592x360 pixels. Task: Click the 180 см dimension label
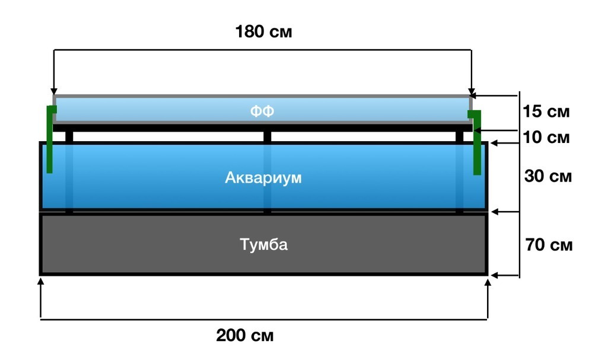tap(263, 31)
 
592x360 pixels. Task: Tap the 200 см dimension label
tap(244, 335)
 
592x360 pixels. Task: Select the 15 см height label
tap(546, 111)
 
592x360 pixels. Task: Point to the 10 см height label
tap(546, 138)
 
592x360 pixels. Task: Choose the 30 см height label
tap(548, 176)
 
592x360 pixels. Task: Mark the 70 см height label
tap(549, 245)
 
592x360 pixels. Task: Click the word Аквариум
tap(263, 178)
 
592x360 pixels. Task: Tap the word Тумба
tap(263, 244)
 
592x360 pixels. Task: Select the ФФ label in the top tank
tap(262, 111)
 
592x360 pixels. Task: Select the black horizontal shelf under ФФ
tap(263, 128)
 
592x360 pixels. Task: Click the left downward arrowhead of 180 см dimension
tap(53, 91)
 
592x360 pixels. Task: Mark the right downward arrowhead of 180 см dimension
tap(472, 91)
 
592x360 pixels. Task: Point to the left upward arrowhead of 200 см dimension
tap(41, 282)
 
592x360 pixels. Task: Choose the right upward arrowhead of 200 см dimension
tap(488, 283)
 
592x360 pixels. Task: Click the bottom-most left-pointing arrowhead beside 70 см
tap(494, 276)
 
